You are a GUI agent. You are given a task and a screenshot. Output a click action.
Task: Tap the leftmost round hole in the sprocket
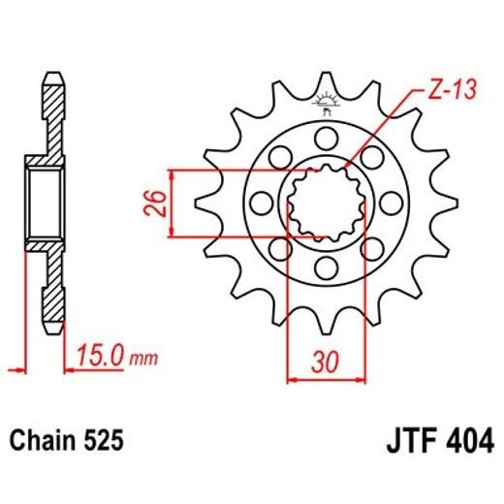(261, 203)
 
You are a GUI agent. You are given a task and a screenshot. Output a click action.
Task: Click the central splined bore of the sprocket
(326, 203)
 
